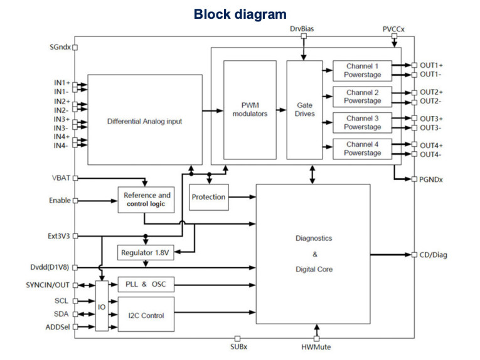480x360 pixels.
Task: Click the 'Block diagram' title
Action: click(x=240, y=14)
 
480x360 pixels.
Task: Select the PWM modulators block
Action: click(x=250, y=109)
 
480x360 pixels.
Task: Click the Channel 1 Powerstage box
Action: click(x=362, y=70)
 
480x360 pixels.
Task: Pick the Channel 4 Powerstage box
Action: click(x=362, y=149)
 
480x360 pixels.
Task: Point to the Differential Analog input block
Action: click(x=144, y=120)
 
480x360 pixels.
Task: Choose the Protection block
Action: click(x=208, y=197)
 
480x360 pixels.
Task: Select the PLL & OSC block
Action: click(x=144, y=284)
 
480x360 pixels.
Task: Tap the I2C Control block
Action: click(x=144, y=315)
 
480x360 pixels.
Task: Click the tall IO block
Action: click(x=102, y=305)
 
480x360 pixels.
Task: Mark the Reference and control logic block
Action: click(x=147, y=199)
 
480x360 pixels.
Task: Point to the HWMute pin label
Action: click(x=316, y=347)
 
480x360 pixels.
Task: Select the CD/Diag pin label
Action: click(x=434, y=255)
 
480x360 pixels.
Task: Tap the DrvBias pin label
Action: click(x=304, y=29)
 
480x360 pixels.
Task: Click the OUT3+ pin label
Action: click(x=431, y=119)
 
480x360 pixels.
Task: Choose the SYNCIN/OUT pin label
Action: click(x=48, y=285)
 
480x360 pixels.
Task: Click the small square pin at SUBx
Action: click(x=237, y=338)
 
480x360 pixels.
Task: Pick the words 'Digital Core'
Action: click(x=314, y=269)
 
